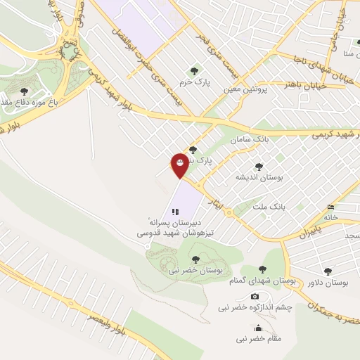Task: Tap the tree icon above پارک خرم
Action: [194, 70]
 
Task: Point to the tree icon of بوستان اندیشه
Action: [259, 167]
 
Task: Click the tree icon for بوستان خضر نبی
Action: [195, 259]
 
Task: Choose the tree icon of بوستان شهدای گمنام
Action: [262, 269]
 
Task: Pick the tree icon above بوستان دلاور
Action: [328, 271]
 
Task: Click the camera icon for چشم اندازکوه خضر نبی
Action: [255, 296]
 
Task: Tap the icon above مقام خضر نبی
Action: [258, 328]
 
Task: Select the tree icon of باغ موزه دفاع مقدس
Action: [25, 91]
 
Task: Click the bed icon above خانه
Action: [330, 207]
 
